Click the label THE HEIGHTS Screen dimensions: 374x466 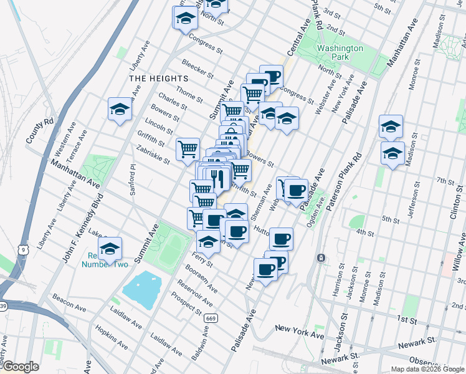tap(158, 79)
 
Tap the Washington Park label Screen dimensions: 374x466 tap(340, 52)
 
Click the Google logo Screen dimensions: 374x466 tap(20, 367)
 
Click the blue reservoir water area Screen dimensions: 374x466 tap(146, 287)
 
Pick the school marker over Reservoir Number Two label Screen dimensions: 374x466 tap(110, 249)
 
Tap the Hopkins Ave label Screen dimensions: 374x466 tap(107, 337)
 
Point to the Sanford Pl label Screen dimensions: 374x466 tap(133, 180)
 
